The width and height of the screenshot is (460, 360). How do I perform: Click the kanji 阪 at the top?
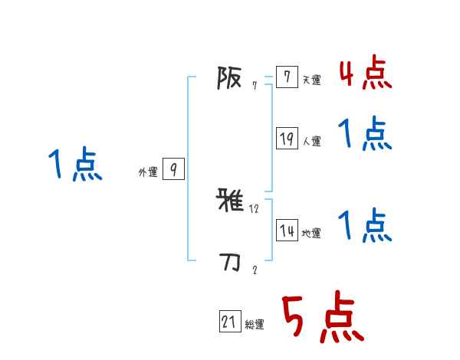(229, 77)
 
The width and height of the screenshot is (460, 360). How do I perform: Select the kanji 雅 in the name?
(229, 201)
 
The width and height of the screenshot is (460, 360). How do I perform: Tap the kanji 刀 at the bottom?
(229, 263)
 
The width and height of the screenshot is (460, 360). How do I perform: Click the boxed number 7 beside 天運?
(286, 77)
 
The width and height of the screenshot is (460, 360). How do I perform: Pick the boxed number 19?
(287, 139)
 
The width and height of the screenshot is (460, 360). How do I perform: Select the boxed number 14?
(287, 231)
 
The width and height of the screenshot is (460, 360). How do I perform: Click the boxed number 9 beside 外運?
(173, 169)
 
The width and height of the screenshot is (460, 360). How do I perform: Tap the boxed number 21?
(229, 322)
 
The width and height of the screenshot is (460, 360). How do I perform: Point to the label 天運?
(311, 80)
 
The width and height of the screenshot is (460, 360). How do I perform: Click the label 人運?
(311, 141)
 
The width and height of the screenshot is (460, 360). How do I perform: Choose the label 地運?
(311, 233)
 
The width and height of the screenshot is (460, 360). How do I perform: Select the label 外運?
(148, 172)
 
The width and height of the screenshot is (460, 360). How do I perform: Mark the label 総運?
(254, 325)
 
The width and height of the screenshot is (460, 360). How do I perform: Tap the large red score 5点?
(322, 318)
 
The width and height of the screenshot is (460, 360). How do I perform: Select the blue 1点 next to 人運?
(365, 135)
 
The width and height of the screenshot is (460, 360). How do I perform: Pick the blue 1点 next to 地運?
(365, 226)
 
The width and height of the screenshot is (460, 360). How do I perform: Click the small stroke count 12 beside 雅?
(255, 208)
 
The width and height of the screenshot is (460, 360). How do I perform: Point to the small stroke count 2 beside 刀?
(255, 270)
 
